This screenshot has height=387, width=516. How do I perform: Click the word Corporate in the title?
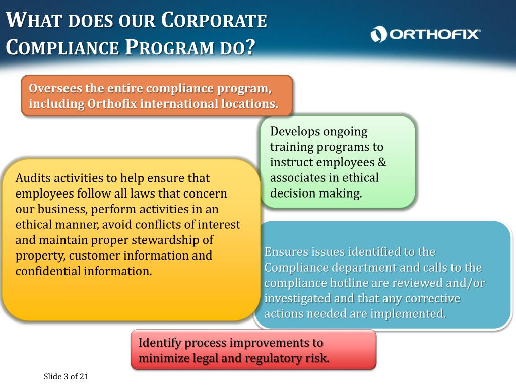214,21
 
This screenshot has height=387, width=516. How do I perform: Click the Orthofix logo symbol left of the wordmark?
378,34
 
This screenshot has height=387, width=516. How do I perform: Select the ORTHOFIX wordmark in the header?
434,34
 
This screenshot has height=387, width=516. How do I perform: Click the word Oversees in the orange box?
51,88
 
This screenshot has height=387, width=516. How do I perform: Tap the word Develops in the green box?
295,132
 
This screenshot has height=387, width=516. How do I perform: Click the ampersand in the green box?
382,162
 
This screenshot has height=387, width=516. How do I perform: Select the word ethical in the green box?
360,178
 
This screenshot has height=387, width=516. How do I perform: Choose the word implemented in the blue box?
408,314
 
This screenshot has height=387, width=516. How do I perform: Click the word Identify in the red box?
160,343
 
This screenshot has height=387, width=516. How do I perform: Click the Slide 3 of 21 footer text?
66,376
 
